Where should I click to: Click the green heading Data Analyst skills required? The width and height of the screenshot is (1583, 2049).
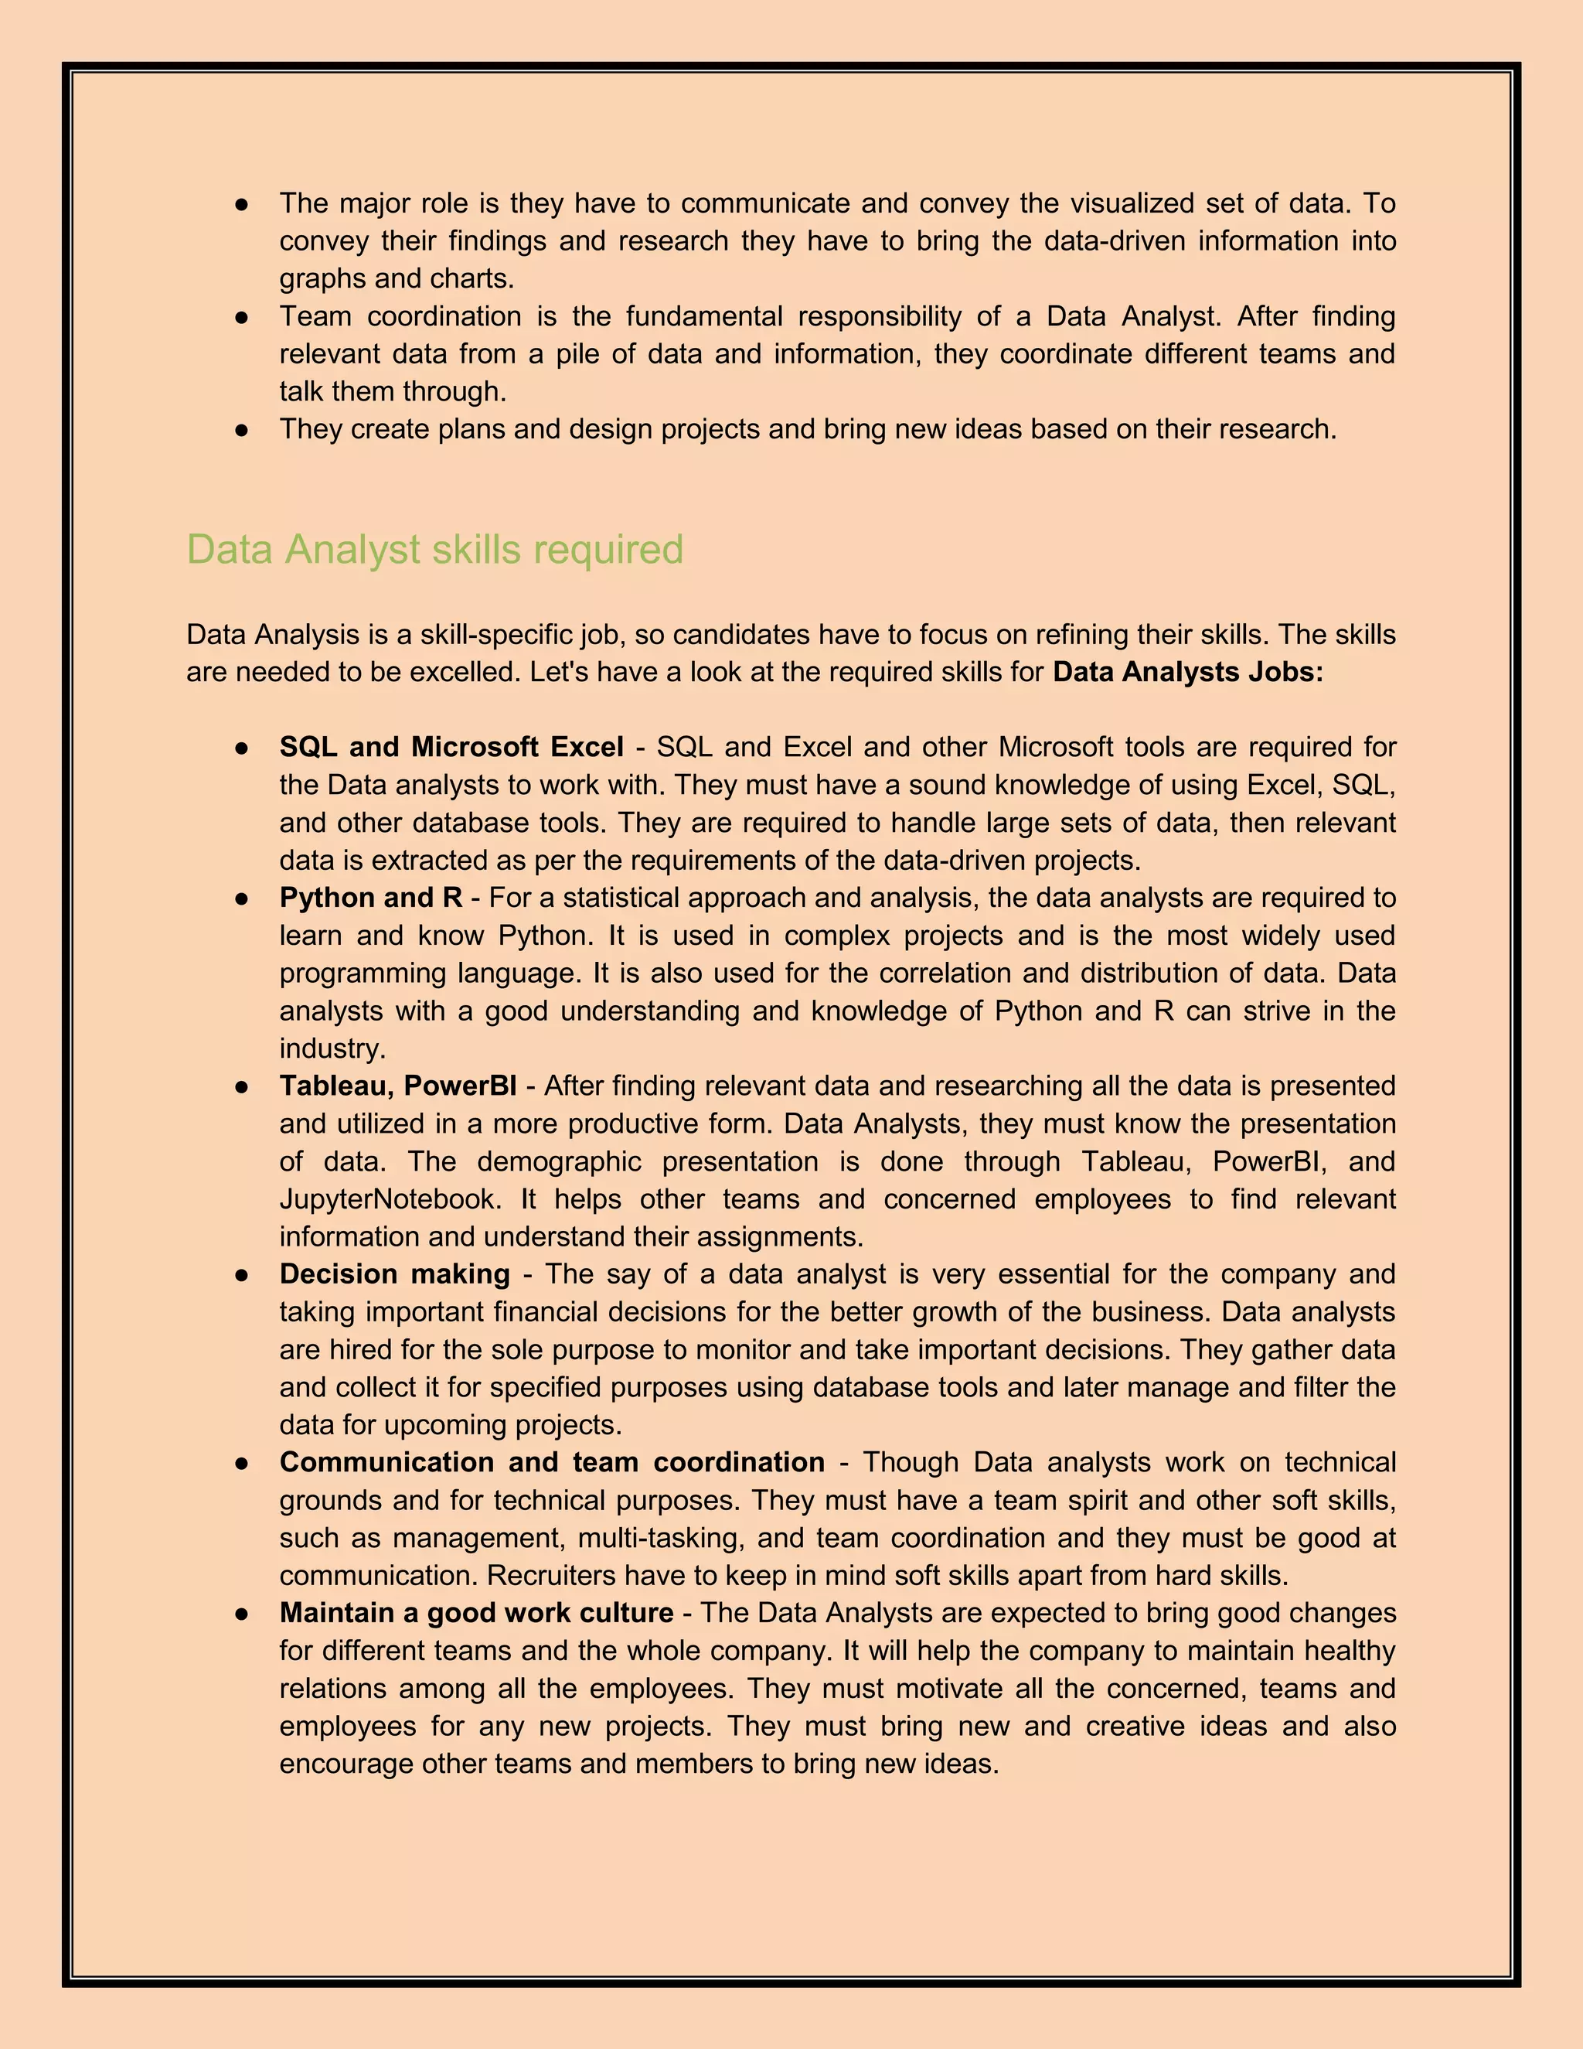(434, 550)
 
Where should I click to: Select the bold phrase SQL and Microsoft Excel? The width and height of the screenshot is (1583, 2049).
(451, 748)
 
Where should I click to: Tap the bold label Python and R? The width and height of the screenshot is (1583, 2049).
(370, 898)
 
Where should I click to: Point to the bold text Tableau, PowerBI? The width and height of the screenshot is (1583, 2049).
(397, 1086)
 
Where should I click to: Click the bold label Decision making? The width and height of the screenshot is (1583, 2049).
(395, 1274)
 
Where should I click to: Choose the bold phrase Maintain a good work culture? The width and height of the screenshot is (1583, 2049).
(476, 1613)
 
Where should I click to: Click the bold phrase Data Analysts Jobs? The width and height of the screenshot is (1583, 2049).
(1187, 673)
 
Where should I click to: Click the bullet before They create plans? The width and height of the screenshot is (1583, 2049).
(242, 431)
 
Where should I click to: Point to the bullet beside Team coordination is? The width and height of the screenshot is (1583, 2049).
(242, 318)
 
